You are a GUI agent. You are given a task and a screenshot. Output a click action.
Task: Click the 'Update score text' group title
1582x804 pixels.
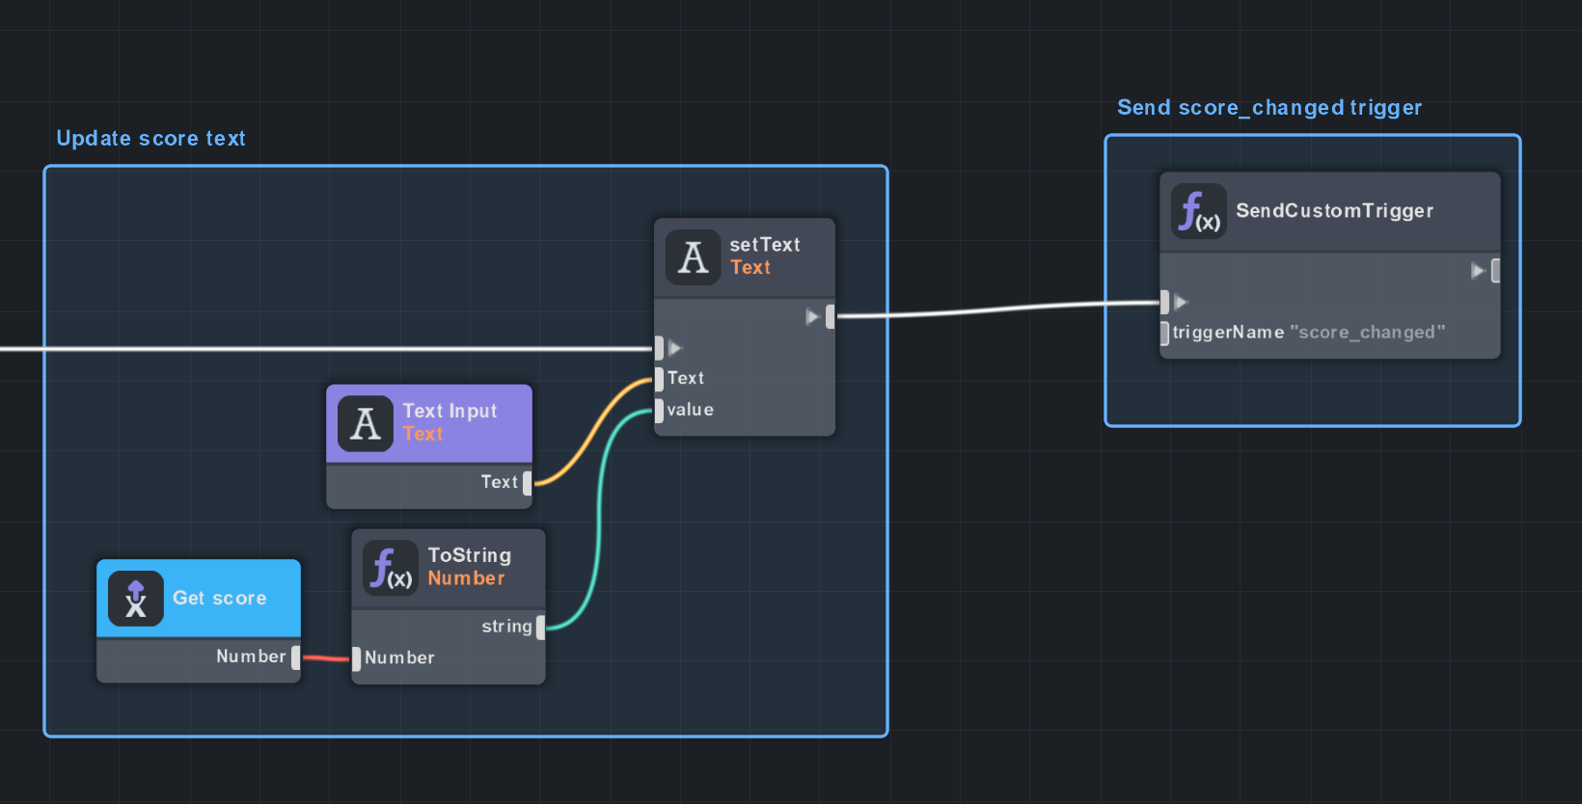150,139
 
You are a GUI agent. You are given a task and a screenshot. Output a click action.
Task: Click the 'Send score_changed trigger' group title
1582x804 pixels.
1268,108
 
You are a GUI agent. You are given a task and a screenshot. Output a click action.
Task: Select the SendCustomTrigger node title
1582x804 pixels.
1334,211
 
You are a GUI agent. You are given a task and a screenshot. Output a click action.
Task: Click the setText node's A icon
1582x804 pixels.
693,257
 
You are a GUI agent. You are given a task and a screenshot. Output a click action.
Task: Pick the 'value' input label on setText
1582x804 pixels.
691,410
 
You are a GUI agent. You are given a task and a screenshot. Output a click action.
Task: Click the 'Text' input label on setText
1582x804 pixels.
686,378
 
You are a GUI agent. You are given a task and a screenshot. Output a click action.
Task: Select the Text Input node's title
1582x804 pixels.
450,412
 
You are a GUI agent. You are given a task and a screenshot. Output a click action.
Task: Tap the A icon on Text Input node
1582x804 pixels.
366,423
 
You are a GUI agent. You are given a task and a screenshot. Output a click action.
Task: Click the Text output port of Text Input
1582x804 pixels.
528,483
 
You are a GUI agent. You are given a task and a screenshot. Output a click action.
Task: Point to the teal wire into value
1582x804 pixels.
599,521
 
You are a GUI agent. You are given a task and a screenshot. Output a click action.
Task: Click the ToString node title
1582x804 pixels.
469,556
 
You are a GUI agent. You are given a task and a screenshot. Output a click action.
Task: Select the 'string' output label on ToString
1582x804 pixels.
506,627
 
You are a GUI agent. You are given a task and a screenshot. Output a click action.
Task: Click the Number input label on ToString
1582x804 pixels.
399,657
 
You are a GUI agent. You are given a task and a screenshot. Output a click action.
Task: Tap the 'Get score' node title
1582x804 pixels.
219,599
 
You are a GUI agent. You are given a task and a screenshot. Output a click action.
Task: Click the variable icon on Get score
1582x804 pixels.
136,599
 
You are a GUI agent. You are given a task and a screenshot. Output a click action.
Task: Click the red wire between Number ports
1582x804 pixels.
326,658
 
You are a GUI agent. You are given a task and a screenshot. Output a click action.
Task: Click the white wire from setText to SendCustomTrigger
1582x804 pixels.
994,309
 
